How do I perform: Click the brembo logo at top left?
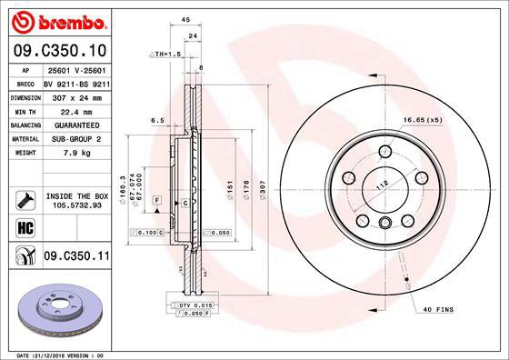(55, 21)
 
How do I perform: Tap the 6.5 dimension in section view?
(156, 119)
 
